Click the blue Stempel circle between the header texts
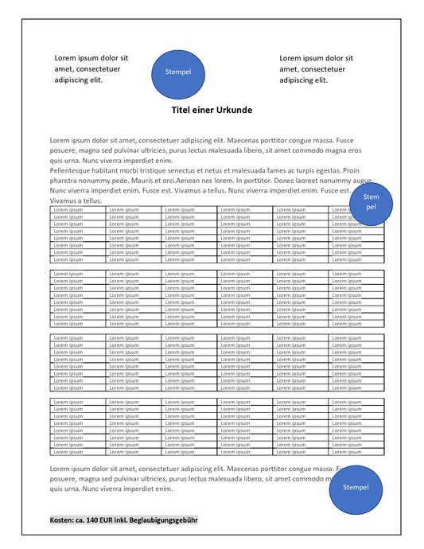178,72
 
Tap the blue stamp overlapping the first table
371,203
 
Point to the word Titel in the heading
184,110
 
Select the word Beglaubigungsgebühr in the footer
164,520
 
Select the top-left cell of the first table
77,209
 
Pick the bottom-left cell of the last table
77,451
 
